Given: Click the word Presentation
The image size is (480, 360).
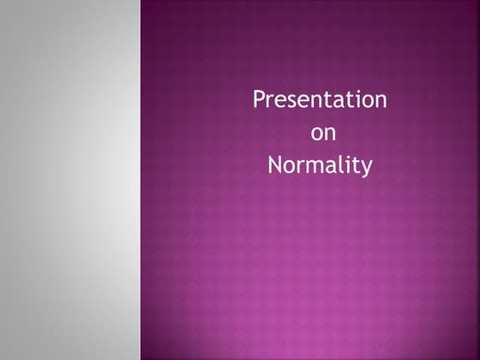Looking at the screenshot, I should (320, 100).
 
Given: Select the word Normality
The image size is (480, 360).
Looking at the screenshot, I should (320, 165).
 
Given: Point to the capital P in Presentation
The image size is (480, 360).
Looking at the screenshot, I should (259, 100).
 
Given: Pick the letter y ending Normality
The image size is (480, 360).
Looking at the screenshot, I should (367, 167).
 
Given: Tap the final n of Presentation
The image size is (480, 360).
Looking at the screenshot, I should (381, 102).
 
